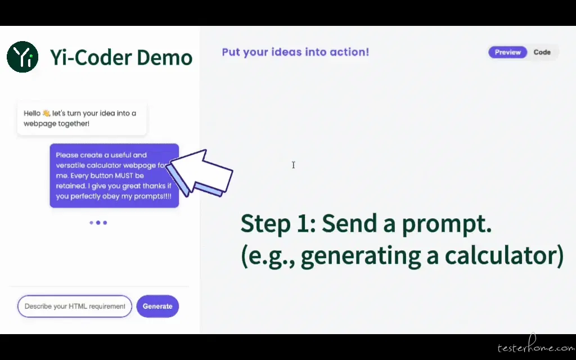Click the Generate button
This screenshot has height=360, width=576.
click(157, 306)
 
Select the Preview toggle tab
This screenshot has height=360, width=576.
click(508, 52)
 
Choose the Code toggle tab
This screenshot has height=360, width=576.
click(542, 52)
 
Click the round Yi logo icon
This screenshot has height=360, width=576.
click(22, 57)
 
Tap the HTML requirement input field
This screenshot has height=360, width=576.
click(75, 306)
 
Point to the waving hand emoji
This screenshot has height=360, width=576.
click(46, 113)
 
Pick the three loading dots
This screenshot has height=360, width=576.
click(98, 223)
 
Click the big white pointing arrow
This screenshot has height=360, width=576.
click(200, 173)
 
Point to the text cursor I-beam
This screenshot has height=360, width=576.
click(293, 165)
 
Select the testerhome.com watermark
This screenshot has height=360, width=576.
click(536, 346)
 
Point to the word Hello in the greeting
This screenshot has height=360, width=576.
click(32, 113)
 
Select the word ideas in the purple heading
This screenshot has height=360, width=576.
click(287, 52)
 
